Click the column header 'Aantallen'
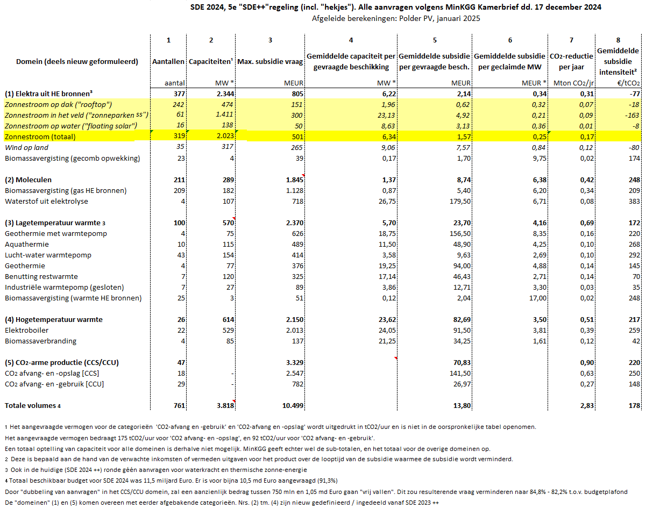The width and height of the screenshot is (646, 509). pyautogui.click(x=168, y=61)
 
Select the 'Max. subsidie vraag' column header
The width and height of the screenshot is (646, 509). pyautogui.click(x=270, y=61)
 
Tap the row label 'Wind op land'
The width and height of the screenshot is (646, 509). pyautogui.click(x=26, y=148)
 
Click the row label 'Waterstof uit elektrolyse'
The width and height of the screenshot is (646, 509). pyautogui.click(x=47, y=201)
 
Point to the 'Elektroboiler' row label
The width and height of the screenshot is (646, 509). pyautogui.click(x=27, y=330)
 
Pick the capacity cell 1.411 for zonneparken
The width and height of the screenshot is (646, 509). pyautogui.click(x=225, y=114)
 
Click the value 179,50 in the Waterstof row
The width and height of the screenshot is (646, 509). pyautogui.click(x=460, y=201)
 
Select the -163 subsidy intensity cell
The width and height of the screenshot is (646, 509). pyautogui.click(x=633, y=115)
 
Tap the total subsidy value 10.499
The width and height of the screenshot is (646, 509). pyautogui.click(x=293, y=405)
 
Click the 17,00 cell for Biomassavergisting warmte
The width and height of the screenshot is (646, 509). pyautogui.click(x=538, y=298)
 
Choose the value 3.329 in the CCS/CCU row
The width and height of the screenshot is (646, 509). pyautogui.click(x=295, y=363)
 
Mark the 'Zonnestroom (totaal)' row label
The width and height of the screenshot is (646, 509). pyautogui.click(x=40, y=137)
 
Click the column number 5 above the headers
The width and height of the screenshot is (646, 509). pyautogui.click(x=435, y=40)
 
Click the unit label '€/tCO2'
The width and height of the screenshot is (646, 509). pyautogui.click(x=629, y=83)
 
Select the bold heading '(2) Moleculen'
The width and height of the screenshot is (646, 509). pyautogui.click(x=28, y=180)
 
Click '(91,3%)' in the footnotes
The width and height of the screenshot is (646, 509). pyautogui.click(x=328, y=481)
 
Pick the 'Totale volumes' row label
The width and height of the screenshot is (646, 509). pyautogui.click(x=30, y=405)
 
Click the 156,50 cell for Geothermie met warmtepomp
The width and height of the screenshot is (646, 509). pyautogui.click(x=460, y=234)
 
